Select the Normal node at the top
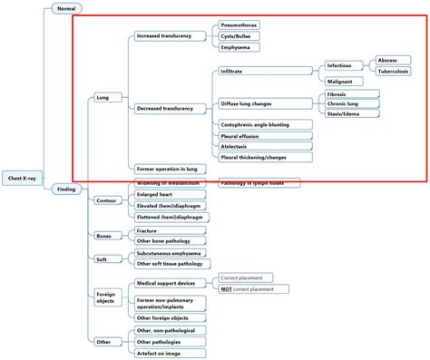coord(65,8)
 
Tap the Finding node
coord(66,190)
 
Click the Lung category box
coord(103,96)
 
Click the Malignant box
coord(344,82)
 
